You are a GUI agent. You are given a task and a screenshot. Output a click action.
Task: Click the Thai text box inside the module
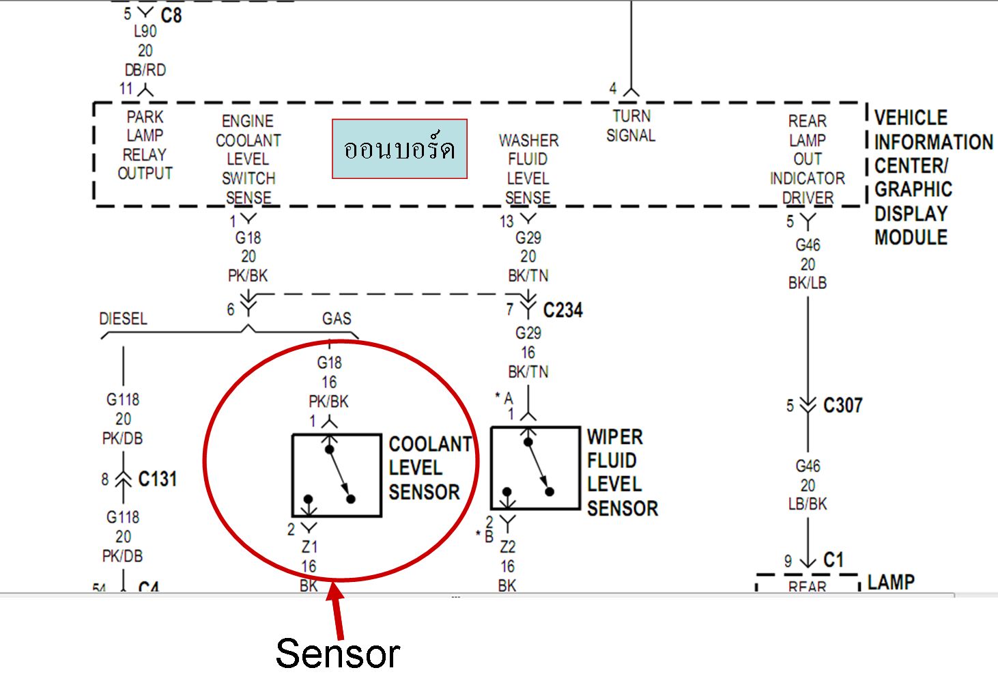[x=399, y=149]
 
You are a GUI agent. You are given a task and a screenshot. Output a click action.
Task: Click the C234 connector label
[x=562, y=310]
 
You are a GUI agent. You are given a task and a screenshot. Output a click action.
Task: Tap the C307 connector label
[x=842, y=406]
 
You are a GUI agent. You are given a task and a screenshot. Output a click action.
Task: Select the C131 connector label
[x=157, y=480]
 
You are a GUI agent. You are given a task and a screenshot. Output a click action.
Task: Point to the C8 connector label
[x=171, y=15]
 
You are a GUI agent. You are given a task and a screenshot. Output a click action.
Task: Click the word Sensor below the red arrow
[x=337, y=654]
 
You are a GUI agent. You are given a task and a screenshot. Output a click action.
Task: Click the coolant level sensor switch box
[x=337, y=475]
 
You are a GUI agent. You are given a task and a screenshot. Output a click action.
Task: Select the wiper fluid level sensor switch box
[x=535, y=469]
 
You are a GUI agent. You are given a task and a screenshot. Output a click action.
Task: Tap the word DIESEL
[x=123, y=319]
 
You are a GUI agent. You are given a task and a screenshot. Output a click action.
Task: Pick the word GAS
[x=337, y=319]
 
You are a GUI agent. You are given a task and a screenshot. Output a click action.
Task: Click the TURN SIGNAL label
[x=631, y=126]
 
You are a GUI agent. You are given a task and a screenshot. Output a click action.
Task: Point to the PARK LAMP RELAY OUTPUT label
[x=145, y=145]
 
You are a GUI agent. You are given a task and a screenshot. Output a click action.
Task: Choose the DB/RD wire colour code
[x=145, y=70]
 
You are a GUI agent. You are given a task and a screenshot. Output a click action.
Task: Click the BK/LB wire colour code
[x=808, y=283]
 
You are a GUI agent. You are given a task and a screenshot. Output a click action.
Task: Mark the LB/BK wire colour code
[x=808, y=504]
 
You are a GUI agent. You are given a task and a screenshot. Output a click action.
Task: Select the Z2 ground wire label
[x=507, y=547]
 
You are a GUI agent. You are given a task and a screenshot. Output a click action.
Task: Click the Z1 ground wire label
[x=309, y=547]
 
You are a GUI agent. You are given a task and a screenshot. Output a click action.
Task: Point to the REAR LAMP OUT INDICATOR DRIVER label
[x=808, y=160]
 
